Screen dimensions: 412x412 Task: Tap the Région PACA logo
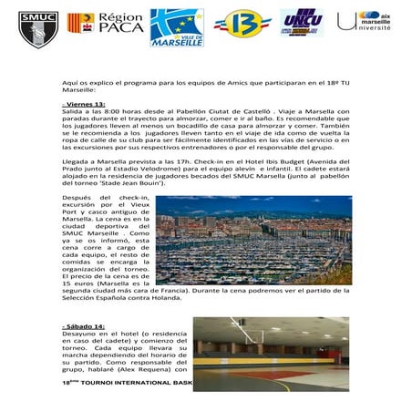pos(106,24)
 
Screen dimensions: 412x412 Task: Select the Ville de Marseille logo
pos(178,27)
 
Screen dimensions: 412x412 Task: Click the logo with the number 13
pos(242,24)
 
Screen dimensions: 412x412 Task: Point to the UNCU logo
pos(302,23)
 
